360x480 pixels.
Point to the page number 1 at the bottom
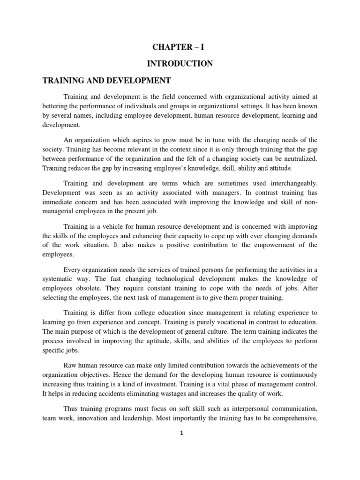point(180,433)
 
